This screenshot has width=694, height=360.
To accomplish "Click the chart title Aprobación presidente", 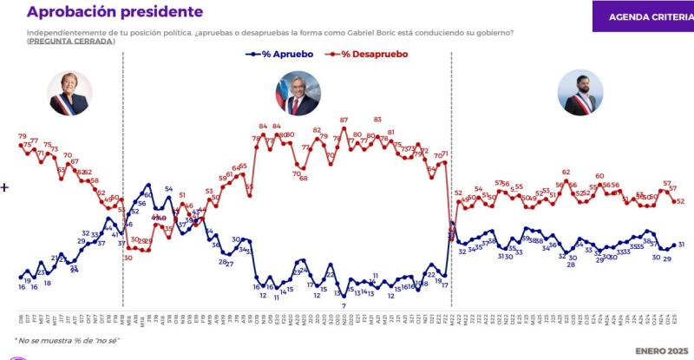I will click(116, 12).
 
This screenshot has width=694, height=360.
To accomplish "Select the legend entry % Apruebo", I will click(282, 54).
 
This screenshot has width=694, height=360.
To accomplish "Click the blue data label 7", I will click(344, 305).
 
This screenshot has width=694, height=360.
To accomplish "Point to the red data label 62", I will click(566, 173).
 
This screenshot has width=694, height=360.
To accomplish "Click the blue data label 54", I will click(169, 188).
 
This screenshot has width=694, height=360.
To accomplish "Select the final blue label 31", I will click(681, 245).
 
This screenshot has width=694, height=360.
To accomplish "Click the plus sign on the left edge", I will click(4, 187).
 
